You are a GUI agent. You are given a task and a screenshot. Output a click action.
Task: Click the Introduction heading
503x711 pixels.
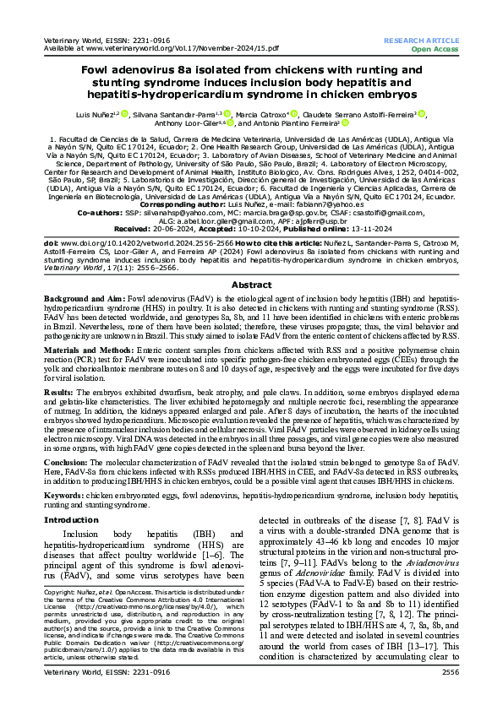[x=71, y=520]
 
